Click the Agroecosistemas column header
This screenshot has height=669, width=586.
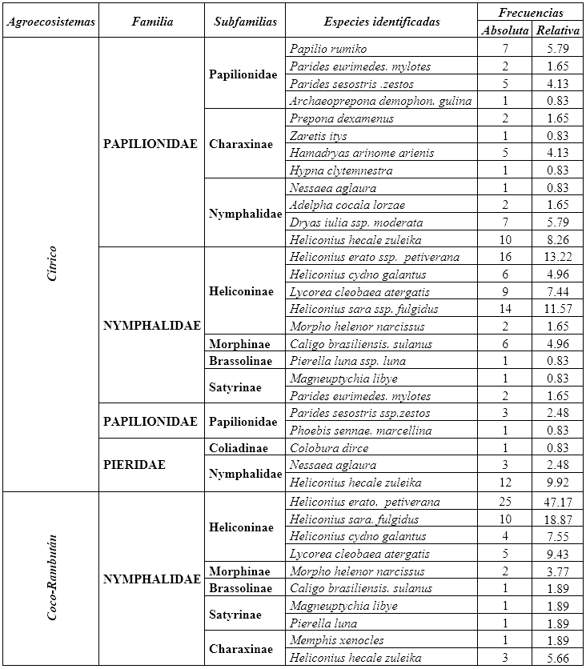[50, 22]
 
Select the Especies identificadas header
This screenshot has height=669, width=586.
[382, 22]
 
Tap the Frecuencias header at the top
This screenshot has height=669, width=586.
[530, 12]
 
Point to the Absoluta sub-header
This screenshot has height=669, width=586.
[504, 30]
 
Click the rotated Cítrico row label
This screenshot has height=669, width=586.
[50, 264]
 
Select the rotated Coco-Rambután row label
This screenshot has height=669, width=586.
[50, 579]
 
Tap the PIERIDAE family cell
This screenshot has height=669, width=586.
[134, 465]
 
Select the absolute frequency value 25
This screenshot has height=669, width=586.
[504, 502]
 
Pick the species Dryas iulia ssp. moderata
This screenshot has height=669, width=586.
[356, 222]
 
